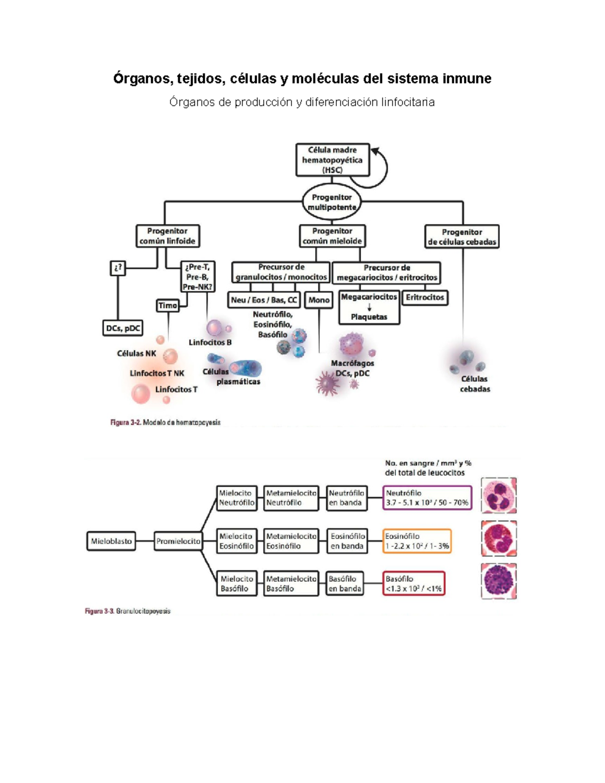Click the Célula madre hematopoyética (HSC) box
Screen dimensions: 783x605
click(332, 160)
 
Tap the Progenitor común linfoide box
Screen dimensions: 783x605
click(167, 236)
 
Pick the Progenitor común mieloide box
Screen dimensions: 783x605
click(332, 236)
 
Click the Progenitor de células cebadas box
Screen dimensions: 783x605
click(462, 237)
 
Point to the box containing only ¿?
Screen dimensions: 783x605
click(117, 268)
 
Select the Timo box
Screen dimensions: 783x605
click(168, 306)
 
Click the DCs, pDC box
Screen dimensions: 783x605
click(123, 328)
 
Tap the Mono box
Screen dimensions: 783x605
click(319, 300)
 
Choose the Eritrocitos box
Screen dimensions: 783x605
click(425, 297)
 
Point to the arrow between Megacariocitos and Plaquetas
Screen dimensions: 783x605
click(369, 307)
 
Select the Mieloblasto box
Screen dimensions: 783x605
click(111, 541)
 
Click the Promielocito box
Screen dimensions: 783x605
click(178, 541)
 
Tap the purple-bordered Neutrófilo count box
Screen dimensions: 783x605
click(427, 498)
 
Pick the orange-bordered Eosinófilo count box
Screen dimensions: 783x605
click(416, 541)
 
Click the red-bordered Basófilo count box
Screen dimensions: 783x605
click(413, 583)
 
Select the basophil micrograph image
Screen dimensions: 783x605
click(499, 581)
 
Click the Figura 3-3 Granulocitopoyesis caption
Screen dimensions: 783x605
click(128, 611)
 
